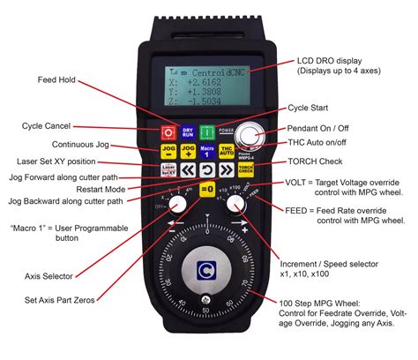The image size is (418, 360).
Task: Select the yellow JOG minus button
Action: point(167,152)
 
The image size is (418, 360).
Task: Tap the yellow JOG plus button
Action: point(188,152)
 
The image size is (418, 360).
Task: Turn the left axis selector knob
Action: point(177,206)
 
